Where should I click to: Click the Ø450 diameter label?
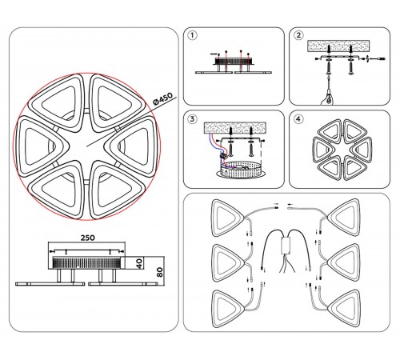tap(162, 98)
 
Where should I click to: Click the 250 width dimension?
tap(88, 238)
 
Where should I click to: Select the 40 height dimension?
tap(139, 263)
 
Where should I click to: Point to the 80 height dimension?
tap(160, 271)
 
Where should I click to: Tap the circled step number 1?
tap(193, 35)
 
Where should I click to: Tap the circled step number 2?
tap(298, 35)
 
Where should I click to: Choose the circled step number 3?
tap(193, 119)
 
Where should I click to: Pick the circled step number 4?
tap(298, 119)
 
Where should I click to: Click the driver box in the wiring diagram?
tap(286, 245)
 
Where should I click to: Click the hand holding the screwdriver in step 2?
tap(330, 98)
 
